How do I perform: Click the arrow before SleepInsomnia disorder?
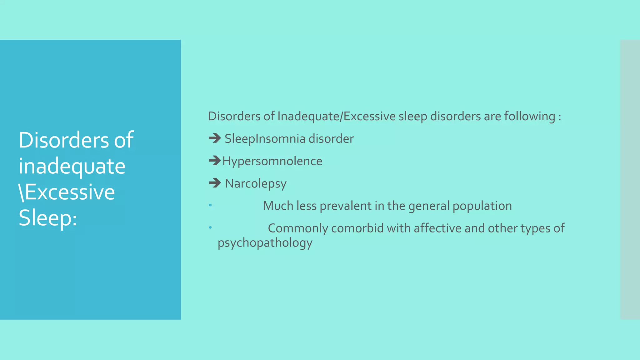(x=215, y=138)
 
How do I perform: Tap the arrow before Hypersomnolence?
(x=215, y=161)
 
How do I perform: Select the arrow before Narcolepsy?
(x=215, y=183)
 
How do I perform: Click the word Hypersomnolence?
(x=272, y=161)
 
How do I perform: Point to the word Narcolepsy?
(x=256, y=184)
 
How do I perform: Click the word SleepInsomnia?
(x=265, y=139)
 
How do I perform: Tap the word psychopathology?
(x=265, y=243)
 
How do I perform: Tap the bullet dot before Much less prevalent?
(x=210, y=205)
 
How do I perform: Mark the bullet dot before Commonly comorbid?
(x=210, y=227)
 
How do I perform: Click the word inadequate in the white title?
(x=72, y=166)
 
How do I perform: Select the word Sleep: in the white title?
(x=48, y=218)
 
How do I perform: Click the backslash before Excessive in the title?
(x=21, y=192)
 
